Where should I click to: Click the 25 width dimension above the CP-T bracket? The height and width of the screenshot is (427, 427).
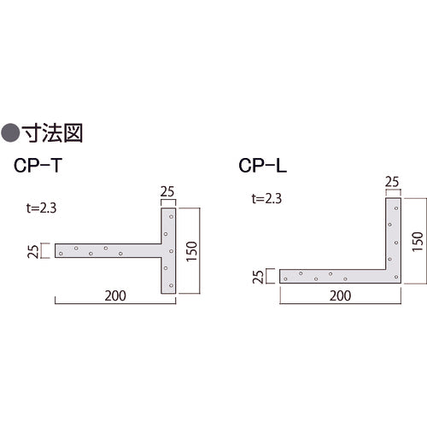tap(168, 192)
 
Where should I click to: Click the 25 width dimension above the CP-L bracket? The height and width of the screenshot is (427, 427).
tap(393, 181)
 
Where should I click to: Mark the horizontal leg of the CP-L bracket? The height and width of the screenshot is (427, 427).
tap(333, 275)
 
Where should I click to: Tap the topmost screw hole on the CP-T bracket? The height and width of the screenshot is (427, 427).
tap(172, 216)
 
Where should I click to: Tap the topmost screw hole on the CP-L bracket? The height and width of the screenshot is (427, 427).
tap(396, 208)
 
